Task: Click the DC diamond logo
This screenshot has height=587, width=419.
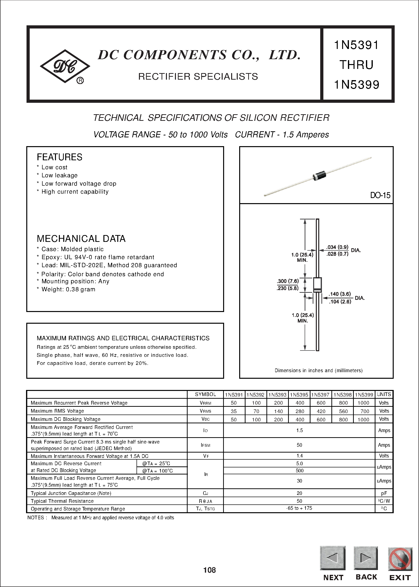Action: pyautogui.click(x=65, y=66)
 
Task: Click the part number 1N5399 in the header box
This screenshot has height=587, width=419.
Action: pyautogui.click(x=356, y=85)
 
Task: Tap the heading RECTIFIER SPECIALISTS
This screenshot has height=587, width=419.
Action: pyautogui.click(x=198, y=76)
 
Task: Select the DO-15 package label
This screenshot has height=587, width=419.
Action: pyautogui.click(x=380, y=195)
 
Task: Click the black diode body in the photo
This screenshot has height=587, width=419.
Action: pyautogui.click(x=319, y=176)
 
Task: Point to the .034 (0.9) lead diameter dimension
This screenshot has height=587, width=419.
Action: pyautogui.click(x=337, y=247)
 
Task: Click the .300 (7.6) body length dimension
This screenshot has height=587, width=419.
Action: pyautogui.click(x=288, y=281)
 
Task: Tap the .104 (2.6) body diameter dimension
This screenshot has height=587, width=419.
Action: pyautogui.click(x=340, y=302)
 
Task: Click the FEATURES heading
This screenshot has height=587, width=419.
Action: pyautogui.click(x=59, y=157)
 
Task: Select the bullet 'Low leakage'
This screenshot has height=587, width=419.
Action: pyautogui.click(x=59, y=175)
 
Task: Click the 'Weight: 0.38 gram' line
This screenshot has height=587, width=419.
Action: pyautogui.click(x=68, y=289)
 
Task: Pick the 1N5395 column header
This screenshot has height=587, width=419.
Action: pyautogui.click(x=299, y=395)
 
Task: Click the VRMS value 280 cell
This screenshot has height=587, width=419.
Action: pyautogui.click(x=300, y=411)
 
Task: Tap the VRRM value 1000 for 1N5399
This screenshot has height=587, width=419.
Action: pyautogui.click(x=363, y=403)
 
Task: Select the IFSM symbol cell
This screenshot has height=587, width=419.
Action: pyautogui.click(x=205, y=445)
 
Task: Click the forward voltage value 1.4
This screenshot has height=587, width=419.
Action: pyautogui.click(x=299, y=456)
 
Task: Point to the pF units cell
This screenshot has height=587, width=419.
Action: pyautogui.click(x=384, y=493)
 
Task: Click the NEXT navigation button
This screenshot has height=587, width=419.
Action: pyautogui.click(x=333, y=558)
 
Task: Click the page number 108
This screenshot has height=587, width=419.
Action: pyautogui.click(x=209, y=570)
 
